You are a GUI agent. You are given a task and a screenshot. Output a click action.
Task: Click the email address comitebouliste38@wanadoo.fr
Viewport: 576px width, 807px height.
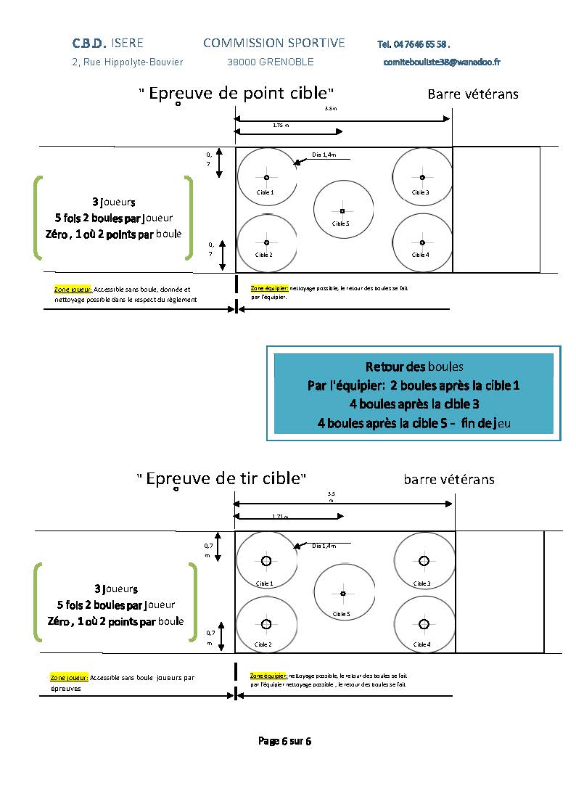tap(442, 62)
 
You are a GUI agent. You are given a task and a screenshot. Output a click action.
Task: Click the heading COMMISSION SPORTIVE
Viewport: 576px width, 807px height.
tap(274, 44)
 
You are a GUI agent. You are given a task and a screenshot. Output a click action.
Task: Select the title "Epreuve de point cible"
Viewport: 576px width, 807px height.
tap(236, 94)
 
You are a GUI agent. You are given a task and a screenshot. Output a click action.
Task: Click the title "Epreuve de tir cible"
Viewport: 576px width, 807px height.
tap(221, 478)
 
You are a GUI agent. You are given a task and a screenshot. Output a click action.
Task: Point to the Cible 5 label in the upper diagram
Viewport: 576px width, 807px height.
tap(341, 224)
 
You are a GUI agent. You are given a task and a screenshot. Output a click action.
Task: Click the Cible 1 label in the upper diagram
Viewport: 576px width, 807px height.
tap(265, 192)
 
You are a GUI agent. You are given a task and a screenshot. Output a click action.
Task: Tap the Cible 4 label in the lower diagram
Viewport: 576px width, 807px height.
tap(421, 644)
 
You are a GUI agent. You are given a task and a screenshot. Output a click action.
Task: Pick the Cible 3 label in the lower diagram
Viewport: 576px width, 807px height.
tap(421, 583)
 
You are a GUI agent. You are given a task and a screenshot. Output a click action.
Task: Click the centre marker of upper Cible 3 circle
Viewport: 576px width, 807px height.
tap(422, 177)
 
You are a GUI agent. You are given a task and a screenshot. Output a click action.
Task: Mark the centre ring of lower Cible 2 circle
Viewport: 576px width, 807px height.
tap(266, 624)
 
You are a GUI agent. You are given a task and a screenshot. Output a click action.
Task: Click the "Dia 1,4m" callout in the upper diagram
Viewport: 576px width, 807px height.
tap(324, 155)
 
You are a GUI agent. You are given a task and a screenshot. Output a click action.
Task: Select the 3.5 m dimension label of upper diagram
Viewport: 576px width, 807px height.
tap(331, 109)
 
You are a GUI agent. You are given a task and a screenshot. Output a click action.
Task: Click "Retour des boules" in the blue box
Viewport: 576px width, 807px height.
tap(414, 366)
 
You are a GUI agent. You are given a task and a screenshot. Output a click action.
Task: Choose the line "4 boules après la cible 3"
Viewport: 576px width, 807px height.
tap(414, 403)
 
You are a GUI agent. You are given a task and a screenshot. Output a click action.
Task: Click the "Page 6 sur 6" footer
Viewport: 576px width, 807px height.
tap(285, 741)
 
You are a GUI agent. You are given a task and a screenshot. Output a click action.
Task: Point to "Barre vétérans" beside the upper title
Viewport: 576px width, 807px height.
tap(473, 94)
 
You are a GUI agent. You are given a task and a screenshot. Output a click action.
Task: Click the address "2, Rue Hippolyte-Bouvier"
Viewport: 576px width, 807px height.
tap(128, 62)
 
